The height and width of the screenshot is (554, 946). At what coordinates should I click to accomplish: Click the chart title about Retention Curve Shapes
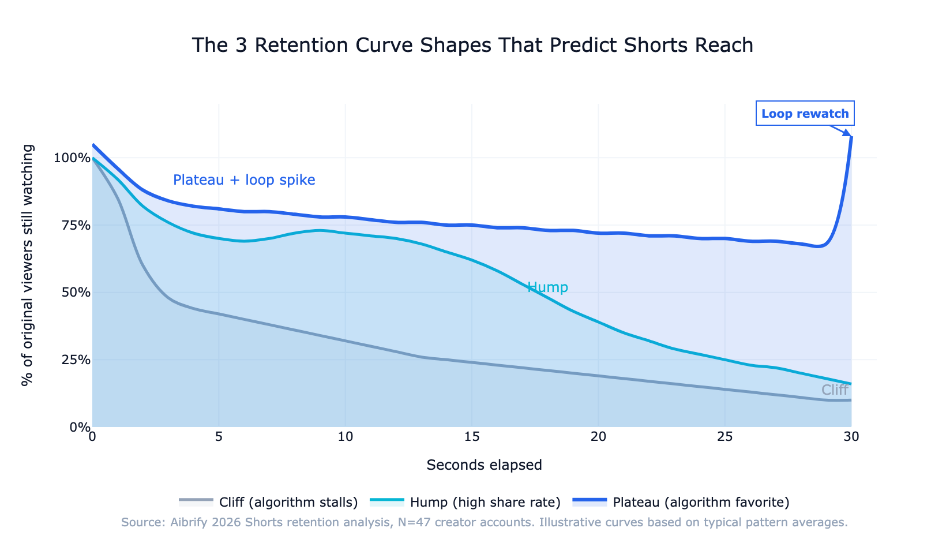(472, 45)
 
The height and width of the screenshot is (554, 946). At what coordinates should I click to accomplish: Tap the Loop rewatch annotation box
(805, 114)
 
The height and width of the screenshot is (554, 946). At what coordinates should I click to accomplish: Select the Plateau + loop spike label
(244, 180)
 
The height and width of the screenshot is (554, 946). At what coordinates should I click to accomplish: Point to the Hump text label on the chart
(547, 287)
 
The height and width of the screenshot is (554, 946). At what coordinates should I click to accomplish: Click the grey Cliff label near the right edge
(834, 390)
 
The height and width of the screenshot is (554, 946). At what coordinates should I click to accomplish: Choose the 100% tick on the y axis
(72, 158)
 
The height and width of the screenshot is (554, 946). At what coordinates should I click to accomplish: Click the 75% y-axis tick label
(74, 225)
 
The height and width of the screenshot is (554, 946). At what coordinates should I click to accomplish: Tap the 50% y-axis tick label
(74, 293)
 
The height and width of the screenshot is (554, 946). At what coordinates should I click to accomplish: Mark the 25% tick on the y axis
(74, 360)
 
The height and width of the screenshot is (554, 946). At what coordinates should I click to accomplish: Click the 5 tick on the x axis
(219, 437)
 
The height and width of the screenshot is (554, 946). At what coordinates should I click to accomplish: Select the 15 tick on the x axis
(471, 437)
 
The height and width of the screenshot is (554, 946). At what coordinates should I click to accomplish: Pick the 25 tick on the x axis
(724, 437)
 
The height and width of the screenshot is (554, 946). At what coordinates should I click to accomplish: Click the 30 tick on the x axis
(851, 437)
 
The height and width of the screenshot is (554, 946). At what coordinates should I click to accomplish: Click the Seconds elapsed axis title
(484, 465)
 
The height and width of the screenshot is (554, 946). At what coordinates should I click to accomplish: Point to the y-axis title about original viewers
(28, 265)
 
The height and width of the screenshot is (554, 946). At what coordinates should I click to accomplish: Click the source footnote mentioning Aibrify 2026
(484, 523)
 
